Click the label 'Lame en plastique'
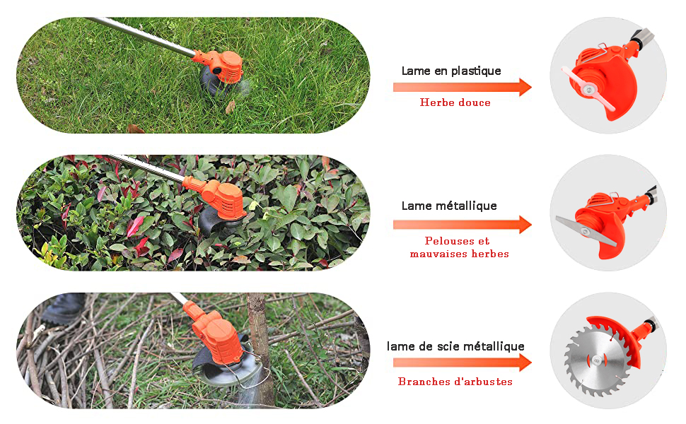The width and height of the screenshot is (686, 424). [x=451, y=71]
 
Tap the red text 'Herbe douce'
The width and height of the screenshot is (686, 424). [x=455, y=102]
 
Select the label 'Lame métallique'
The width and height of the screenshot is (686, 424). [x=449, y=206]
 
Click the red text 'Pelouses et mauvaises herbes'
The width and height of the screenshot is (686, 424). [x=459, y=247]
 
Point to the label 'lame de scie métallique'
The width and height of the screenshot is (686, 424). [x=455, y=346]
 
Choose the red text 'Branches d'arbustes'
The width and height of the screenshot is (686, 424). [x=455, y=382]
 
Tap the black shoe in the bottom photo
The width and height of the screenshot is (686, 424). [x=64, y=309]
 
